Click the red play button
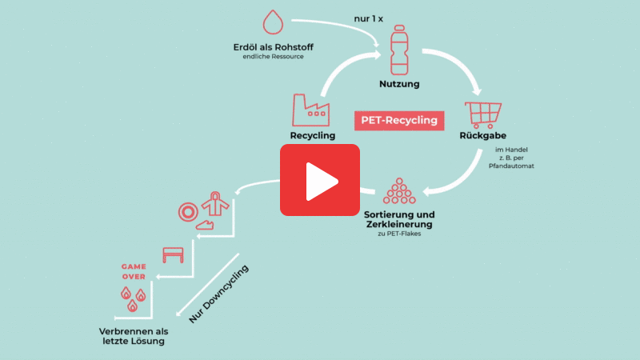click(x=319, y=180)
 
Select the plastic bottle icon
click(x=399, y=50)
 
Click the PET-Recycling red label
click(x=399, y=120)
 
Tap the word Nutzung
click(x=399, y=83)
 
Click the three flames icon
click(x=134, y=298)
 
